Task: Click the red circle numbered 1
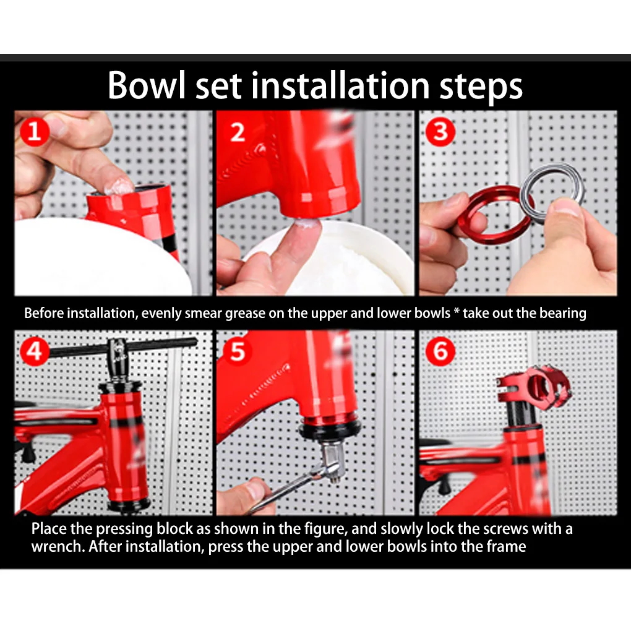pyautogui.click(x=35, y=132)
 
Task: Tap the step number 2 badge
pyautogui.click(x=238, y=132)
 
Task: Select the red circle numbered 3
pyautogui.click(x=440, y=132)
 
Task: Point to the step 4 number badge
pyautogui.click(x=35, y=351)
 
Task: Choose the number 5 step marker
pyautogui.click(x=238, y=351)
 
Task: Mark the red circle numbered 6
pyautogui.click(x=440, y=351)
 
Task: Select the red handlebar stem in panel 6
pyautogui.click(x=533, y=386)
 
